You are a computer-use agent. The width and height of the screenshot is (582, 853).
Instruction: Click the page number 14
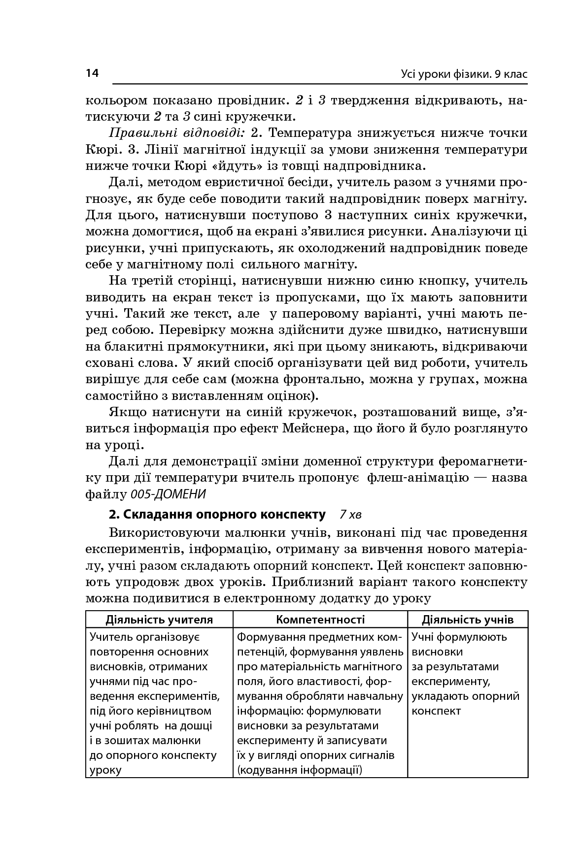pos(92,73)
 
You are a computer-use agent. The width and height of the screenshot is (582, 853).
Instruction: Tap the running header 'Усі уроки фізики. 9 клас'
pos(464,74)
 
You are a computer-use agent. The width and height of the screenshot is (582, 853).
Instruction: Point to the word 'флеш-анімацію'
pos(418,478)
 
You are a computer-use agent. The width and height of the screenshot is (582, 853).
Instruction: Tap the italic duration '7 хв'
pos(350,515)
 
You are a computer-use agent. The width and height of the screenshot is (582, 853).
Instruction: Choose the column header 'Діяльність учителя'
pos(159,620)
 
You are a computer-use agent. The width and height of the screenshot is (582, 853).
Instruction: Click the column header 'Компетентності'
pos(320,620)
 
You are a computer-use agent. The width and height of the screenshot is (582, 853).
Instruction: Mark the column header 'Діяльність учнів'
pos(468,620)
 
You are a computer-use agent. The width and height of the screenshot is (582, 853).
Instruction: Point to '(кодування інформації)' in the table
pos(300,770)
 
